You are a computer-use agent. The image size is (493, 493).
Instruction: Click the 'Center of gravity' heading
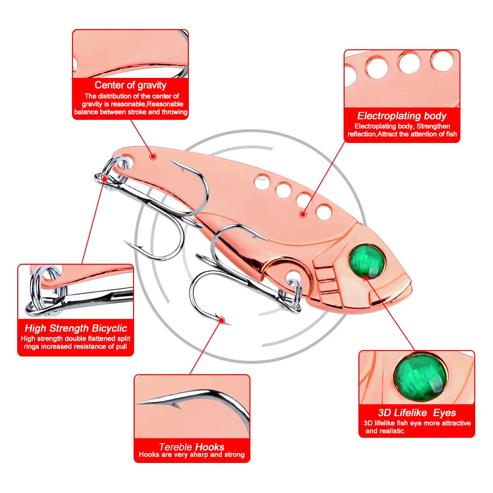(x=131, y=85)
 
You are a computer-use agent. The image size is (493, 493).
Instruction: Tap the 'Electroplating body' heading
(x=402, y=116)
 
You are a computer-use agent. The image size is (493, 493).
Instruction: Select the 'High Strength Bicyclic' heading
(x=76, y=328)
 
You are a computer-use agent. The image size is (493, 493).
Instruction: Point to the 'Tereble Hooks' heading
(x=192, y=447)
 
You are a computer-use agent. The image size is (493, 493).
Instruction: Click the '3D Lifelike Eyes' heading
(x=417, y=413)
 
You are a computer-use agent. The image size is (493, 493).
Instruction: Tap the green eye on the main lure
(x=368, y=258)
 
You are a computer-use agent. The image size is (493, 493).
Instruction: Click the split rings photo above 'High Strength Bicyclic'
(x=76, y=292)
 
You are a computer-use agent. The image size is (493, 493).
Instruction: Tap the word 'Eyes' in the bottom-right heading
(x=444, y=413)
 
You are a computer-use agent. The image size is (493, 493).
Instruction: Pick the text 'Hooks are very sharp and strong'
(x=192, y=455)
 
